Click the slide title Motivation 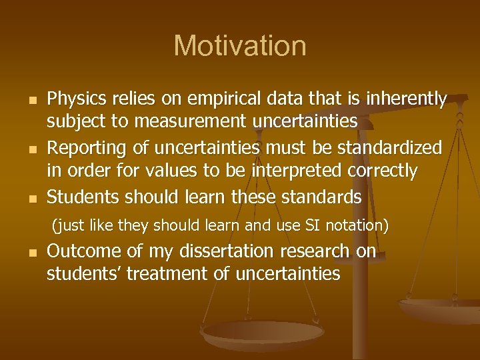(x=240, y=46)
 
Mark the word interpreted (x=300, y=171)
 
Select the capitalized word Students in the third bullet (x=79, y=197)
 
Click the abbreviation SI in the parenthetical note (x=313, y=226)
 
